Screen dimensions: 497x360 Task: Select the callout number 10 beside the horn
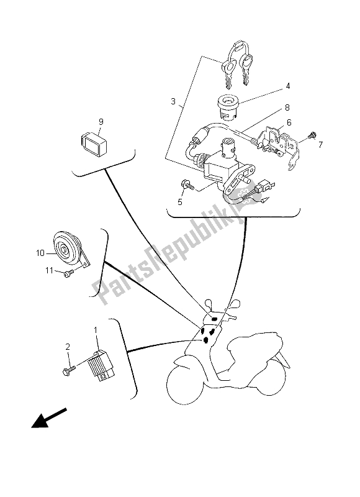(40, 253)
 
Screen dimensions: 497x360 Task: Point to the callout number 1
(97, 331)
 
